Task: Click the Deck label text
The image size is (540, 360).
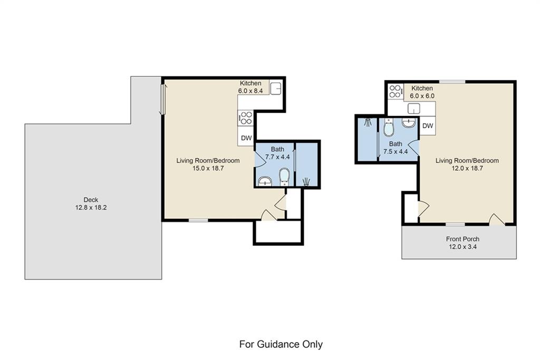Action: (91, 200)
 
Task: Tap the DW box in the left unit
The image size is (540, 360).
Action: (246, 138)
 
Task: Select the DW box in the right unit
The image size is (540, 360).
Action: (428, 125)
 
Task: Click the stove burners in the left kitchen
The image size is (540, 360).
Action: (246, 118)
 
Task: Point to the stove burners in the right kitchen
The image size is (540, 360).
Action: (396, 92)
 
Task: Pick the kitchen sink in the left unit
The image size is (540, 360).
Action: (275, 88)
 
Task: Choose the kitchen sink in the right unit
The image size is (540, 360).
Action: (413, 109)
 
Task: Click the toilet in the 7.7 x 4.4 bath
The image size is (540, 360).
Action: (284, 177)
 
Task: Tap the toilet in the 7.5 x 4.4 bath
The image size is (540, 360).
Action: (388, 128)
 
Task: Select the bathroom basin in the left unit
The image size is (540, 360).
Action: (265, 181)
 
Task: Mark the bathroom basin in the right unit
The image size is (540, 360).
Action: (409, 123)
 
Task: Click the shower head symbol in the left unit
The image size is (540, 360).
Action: (306, 181)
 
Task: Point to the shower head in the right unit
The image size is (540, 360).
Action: (368, 122)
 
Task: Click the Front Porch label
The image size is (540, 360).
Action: (462, 239)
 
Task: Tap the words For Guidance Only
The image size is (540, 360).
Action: (281, 344)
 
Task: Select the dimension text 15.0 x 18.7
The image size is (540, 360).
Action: (208, 168)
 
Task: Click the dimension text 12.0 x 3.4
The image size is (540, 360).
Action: (462, 247)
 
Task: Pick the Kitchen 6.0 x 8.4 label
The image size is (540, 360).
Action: (250, 87)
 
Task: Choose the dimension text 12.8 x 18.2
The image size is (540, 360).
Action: (91, 208)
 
